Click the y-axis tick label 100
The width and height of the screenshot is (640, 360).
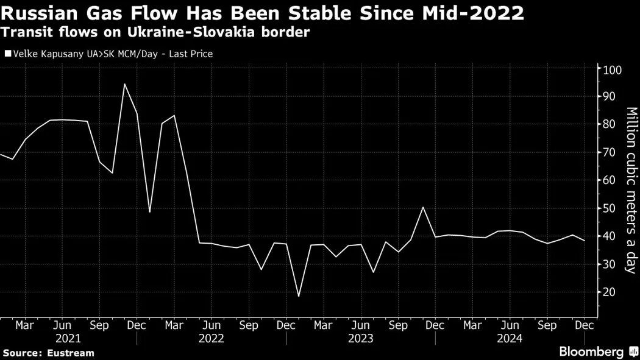click(613, 70)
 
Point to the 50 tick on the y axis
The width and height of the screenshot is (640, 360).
click(610, 208)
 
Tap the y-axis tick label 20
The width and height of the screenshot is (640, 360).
click(610, 292)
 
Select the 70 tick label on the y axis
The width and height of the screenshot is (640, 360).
click(610, 152)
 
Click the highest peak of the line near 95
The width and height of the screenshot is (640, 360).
click(124, 84)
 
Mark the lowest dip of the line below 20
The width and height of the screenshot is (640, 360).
click(299, 297)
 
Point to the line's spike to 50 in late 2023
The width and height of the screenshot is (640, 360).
click(423, 207)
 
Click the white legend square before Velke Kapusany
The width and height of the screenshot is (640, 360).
click(7, 54)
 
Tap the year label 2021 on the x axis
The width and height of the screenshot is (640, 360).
click(68, 338)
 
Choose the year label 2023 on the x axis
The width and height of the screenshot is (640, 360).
click(360, 338)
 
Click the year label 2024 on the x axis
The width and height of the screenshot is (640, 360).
click(510, 338)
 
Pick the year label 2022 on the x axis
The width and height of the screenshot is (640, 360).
click(211, 338)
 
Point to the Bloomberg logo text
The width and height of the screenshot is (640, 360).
click(591, 352)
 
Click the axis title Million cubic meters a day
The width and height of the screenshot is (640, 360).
click(631, 190)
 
